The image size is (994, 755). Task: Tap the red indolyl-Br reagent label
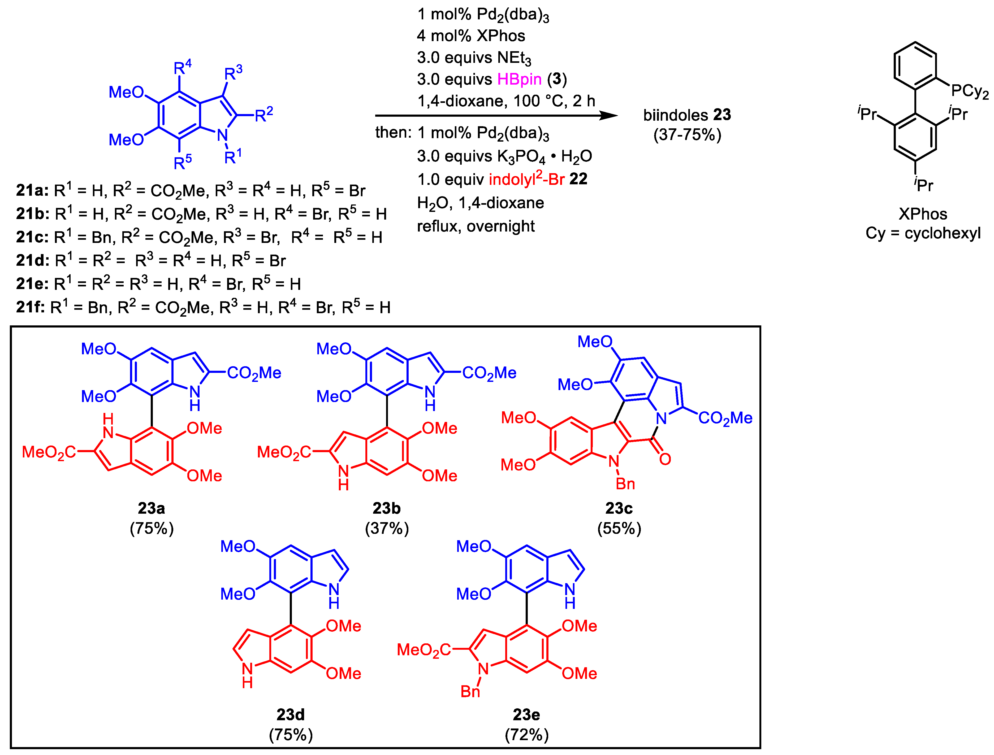click(526, 179)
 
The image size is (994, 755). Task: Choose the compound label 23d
click(290, 714)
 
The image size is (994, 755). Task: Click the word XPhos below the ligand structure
click(923, 214)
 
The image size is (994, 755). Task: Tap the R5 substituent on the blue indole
click(183, 162)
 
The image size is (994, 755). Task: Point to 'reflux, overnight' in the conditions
click(476, 226)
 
